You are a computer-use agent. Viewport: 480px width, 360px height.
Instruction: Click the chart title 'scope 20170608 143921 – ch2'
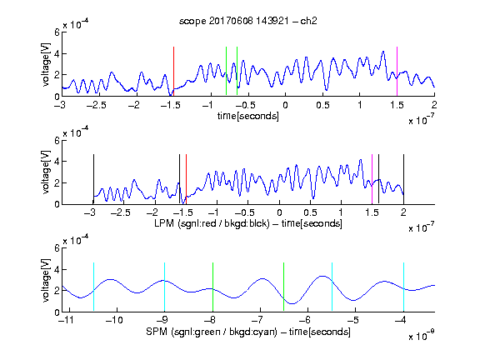(x=248, y=21)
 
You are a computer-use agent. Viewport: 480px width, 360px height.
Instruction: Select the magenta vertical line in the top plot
(x=397, y=72)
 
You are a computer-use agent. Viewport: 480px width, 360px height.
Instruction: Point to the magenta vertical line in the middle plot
(x=372, y=179)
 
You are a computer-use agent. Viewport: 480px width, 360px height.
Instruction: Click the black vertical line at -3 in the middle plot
(x=93, y=179)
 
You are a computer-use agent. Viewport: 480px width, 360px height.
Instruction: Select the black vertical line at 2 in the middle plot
(x=403, y=179)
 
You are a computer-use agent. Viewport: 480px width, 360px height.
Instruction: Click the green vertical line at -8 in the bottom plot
(x=212, y=287)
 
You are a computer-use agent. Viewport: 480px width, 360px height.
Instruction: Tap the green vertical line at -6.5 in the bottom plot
(x=284, y=287)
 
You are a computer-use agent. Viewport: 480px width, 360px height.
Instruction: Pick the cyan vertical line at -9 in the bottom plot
(x=165, y=287)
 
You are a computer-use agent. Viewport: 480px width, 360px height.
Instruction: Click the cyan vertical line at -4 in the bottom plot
(x=403, y=287)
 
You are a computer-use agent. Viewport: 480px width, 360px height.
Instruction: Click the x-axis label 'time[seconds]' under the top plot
(x=248, y=116)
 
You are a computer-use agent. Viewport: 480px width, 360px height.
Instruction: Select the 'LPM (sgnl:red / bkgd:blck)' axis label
(x=212, y=223)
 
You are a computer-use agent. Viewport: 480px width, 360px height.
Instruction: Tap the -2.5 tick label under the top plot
(x=96, y=105)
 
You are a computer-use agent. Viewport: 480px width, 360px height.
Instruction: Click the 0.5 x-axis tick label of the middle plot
(x=311, y=212)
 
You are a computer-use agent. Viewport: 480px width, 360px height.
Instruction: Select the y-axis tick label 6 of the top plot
(x=57, y=32)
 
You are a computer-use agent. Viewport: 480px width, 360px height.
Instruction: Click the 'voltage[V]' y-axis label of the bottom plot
(x=46, y=280)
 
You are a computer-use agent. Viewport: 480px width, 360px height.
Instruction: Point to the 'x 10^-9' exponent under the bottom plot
(x=422, y=336)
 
